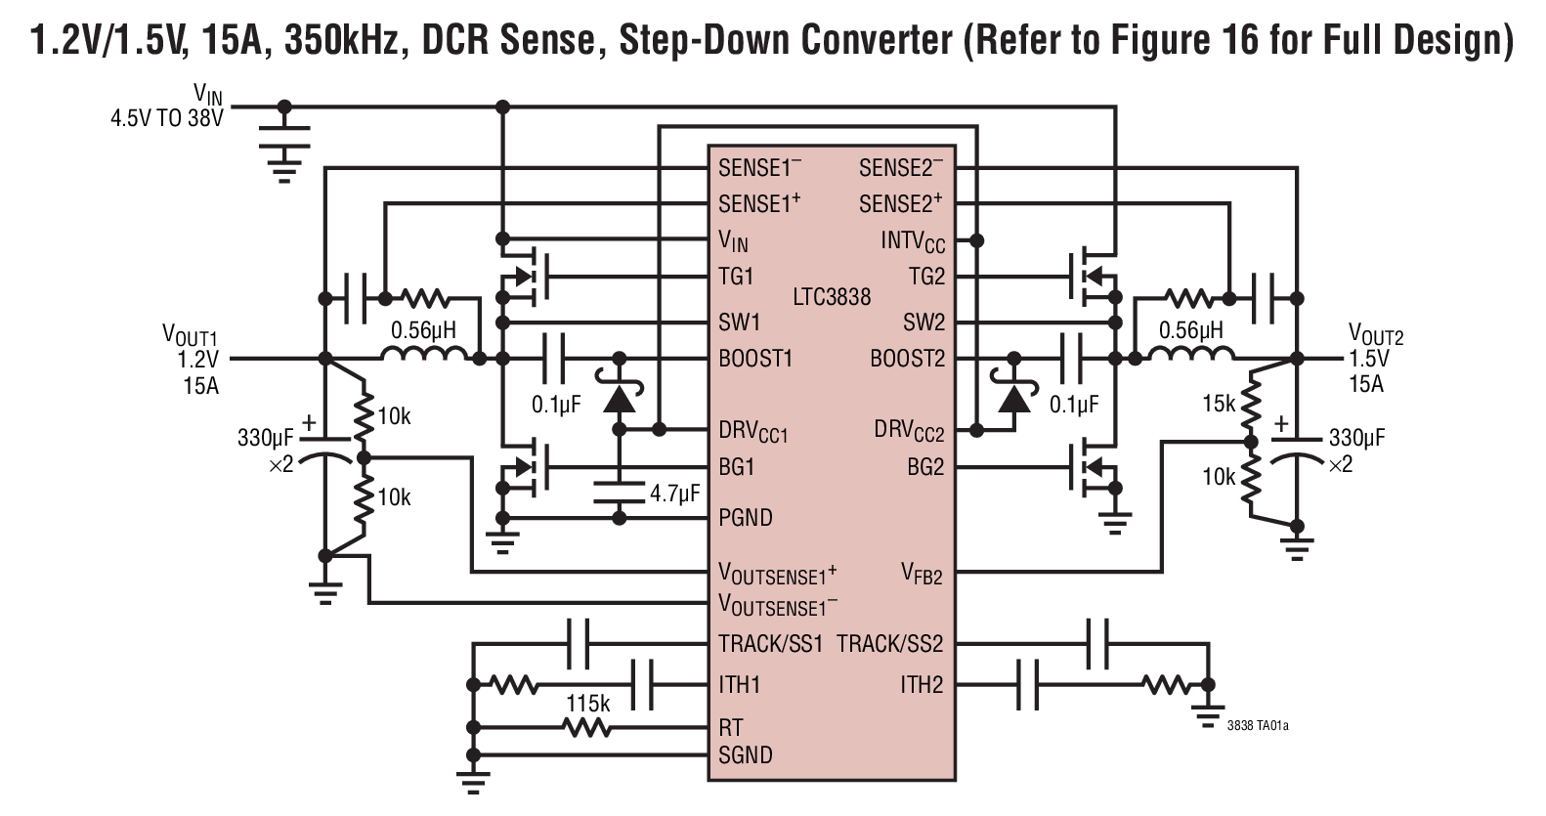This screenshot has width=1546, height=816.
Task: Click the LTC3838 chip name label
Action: tap(831, 296)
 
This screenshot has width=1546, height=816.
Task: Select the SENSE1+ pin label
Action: tap(759, 203)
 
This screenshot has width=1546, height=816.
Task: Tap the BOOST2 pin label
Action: tap(907, 359)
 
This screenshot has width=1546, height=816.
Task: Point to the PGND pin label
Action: tap(746, 517)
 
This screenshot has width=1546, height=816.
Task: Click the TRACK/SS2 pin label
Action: tap(889, 644)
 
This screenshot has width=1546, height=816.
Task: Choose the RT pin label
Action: tap(731, 727)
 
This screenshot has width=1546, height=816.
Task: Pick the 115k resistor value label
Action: tap(588, 704)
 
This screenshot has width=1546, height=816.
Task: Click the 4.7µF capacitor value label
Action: tap(674, 494)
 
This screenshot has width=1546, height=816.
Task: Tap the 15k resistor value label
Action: tap(1219, 403)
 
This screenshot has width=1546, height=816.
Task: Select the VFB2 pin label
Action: tap(922, 574)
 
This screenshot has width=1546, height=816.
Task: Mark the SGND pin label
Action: tap(746, 754)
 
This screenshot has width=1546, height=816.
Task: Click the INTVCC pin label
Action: tap(913, 240)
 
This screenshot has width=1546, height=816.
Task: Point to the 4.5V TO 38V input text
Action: tap(167, 119)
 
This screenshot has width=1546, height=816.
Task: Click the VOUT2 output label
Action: tap(1375, 335)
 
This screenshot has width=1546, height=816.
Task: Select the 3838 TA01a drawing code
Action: tap(1258, 725)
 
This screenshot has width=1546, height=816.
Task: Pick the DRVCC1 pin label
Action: tap(752, 430)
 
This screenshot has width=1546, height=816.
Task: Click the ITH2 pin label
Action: tap(922, 684)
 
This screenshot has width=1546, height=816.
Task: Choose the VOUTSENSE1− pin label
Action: tap(778, 605)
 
